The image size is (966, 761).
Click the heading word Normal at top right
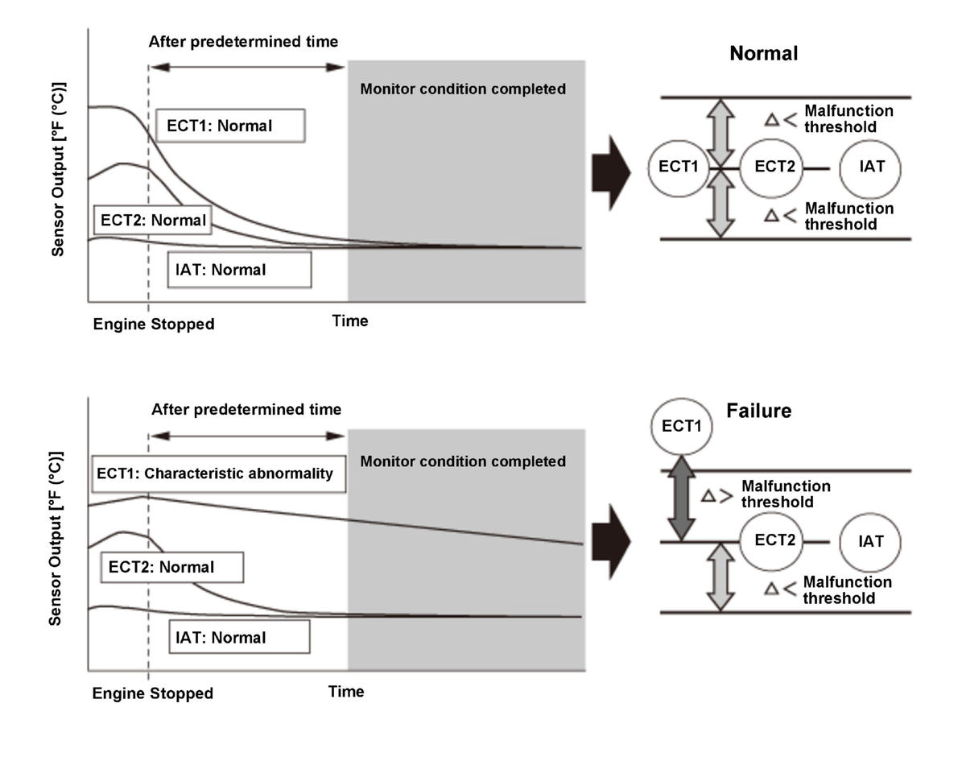tap(763, 54)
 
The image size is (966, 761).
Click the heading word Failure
tap(759, 411)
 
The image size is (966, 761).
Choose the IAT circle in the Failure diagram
tap(871, 541)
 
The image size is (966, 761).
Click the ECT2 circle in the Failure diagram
tap(775, 540)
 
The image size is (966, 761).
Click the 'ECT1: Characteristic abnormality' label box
tap(215, 474)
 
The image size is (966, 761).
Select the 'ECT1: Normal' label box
tap(230, 126)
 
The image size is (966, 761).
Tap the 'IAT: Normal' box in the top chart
tap(239, 270)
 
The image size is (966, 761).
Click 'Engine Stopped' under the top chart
tap(154, 325)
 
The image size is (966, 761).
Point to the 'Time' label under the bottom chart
tap(346, 692)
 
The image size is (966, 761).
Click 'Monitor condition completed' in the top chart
tap(463, 89)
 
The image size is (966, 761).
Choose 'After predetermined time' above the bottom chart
tap(246, 410)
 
